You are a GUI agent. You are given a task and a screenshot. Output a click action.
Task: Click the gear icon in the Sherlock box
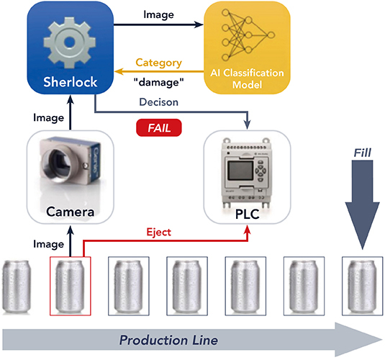coord(70,42)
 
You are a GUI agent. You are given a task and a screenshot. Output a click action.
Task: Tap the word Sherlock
coord(71,82)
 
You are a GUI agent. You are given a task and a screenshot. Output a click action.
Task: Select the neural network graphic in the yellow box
coord(248,35)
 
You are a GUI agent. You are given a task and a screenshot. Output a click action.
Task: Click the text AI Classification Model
coord(247,78)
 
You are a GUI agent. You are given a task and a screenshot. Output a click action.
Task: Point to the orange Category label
coord(158,63)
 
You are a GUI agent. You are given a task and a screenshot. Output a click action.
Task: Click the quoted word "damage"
coord(159,82)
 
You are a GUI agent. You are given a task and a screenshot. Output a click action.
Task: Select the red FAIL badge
coord(159,127)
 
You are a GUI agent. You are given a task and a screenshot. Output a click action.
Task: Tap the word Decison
coord(158,102)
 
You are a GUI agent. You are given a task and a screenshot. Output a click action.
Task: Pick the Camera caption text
coord(71,212)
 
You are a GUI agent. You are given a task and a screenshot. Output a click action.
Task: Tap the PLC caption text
coord(248,214)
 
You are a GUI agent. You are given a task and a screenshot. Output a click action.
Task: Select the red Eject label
coord(158,233)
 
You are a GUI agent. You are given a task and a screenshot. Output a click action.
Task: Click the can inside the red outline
coord(71,287)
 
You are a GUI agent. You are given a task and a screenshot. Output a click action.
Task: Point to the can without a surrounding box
coord(17,287)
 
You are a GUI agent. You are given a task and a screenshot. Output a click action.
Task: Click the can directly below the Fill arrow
coord(363,287)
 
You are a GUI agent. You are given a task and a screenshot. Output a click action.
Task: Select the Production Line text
coord(168,341)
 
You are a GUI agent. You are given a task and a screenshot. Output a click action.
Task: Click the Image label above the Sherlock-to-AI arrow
coord(158,14)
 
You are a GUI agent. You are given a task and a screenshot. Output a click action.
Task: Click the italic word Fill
coord(363,153)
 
